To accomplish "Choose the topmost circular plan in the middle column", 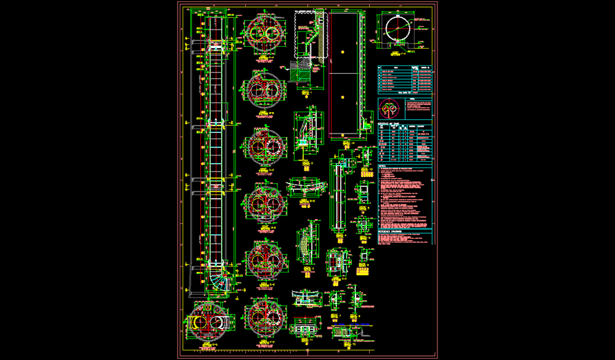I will click(264, 31).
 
